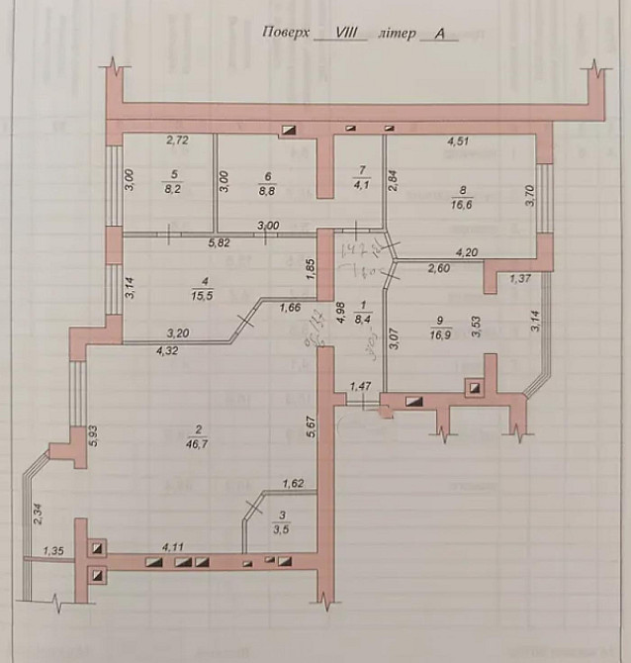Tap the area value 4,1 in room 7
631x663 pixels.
coord(362,182)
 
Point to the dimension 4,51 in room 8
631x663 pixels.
coord(458,141)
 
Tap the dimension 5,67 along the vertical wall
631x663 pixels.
coord(309,428)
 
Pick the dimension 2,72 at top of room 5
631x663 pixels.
coord(177,141)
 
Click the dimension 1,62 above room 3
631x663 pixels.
coord(292,484)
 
